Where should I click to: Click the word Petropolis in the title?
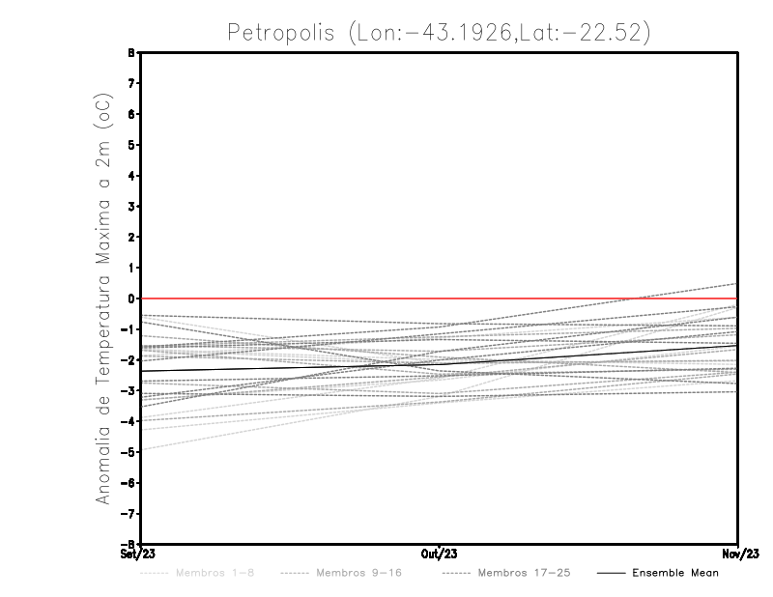click(280, 32)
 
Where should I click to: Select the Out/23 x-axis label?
click(440, 554)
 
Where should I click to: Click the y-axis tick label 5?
click(131, 145)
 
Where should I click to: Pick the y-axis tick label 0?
click(131, 298)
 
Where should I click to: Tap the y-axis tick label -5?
click(129, 452)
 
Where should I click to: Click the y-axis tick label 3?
click(131, 207)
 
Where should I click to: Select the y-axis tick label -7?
click(129, 514)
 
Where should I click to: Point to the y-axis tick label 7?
click(131, 84)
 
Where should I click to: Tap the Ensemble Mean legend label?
click(675, 573)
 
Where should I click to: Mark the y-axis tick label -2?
click(129, 360)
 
